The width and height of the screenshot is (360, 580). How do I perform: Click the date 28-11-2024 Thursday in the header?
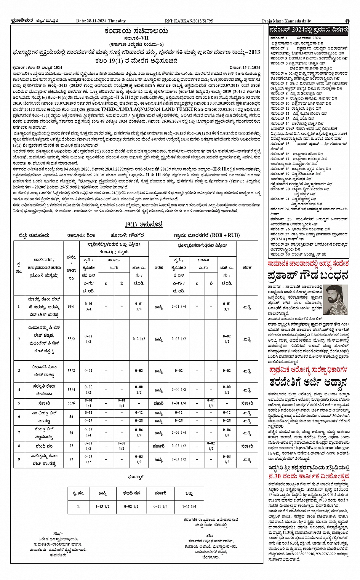pyautogui.click(x=101, y=21)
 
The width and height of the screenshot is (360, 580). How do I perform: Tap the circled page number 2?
pyautogui.click(x=347, y=21)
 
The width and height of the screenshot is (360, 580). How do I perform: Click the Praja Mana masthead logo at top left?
pyautogui.click(x=23, y=21)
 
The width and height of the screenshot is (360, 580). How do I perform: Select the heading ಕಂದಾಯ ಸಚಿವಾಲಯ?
pyautogui.click(x=136, y=31)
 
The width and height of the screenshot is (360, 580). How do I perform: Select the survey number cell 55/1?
pyautogui.click(x=71, y=306)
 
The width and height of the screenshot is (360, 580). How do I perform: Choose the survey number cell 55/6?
pyautogui.click(x=71, y=403)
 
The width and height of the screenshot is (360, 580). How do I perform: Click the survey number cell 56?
pyautogui.click(x=71, y=417)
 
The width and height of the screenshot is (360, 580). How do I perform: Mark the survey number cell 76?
pyautogui.click(x=71, y=432)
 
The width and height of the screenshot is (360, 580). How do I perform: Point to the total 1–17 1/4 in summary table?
pyautogui.click(x=189, y=507)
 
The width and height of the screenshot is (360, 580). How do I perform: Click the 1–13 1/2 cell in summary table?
pyautogui.click(x=102, y=507)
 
